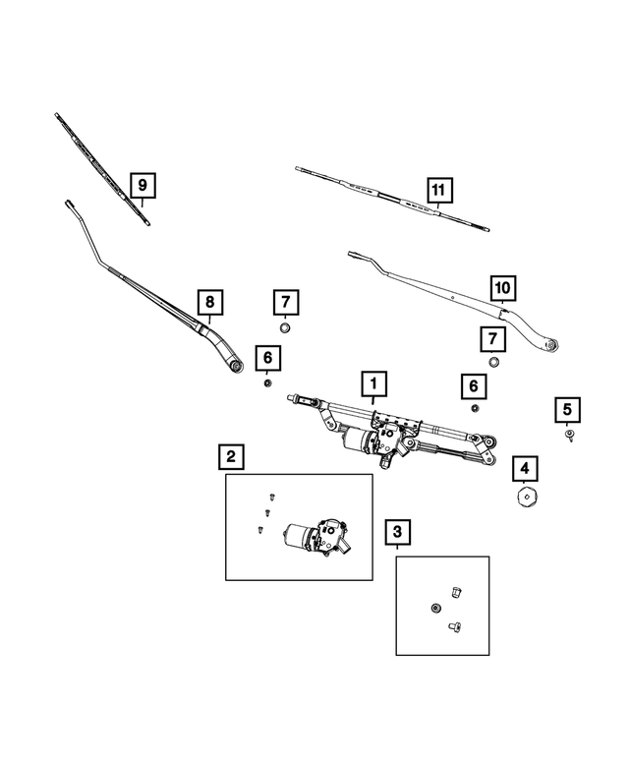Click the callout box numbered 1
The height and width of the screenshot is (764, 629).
click(373, 383)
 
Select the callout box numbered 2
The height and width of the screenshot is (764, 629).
click(231, 456)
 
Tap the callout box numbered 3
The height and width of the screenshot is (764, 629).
click(397, 532)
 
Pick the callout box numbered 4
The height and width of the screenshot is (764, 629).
click(524, 469)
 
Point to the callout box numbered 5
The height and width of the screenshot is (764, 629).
click(567, 410)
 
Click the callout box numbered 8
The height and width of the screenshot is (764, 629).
click(209, 302)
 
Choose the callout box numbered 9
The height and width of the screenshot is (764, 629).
click(143, 185)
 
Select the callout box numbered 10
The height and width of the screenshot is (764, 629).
click(503, 288)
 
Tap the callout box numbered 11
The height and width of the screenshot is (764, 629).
click(439, 190)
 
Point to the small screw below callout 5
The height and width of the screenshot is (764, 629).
click(569, 435)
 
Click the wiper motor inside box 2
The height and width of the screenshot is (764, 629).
click(316, 537)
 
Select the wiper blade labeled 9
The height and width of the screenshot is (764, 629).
click(102, 169)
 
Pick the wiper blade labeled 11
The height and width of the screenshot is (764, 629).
click(392, 199)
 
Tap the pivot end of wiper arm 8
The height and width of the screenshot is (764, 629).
click(237, 367)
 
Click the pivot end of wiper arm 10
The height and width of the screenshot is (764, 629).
click(551, 345)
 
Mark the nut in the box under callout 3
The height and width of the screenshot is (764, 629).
click(436, 608)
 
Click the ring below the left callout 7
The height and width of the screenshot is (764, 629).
click(285, 327)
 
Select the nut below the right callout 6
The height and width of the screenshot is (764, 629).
click(474, 408)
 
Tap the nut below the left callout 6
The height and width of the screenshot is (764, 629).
click(267, 382)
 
